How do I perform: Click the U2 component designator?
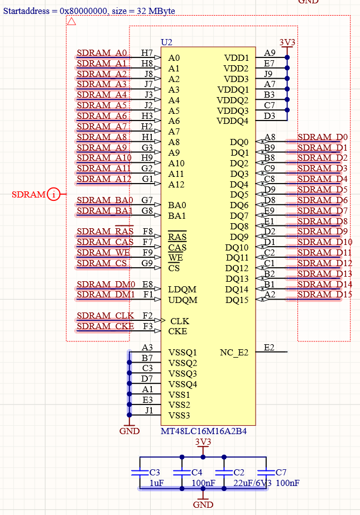166,42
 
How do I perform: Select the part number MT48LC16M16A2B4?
204,431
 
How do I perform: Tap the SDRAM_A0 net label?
102,54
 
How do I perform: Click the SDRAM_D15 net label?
322,295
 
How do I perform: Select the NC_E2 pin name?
234,352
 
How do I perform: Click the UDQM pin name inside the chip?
183,300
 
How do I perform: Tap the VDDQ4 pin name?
232,121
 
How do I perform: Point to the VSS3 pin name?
179,416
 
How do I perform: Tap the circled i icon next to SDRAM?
54,194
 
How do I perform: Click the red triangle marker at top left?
71,22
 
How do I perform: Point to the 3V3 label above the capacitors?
203,442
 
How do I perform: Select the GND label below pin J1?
129,431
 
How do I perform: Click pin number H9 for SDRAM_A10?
147,158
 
